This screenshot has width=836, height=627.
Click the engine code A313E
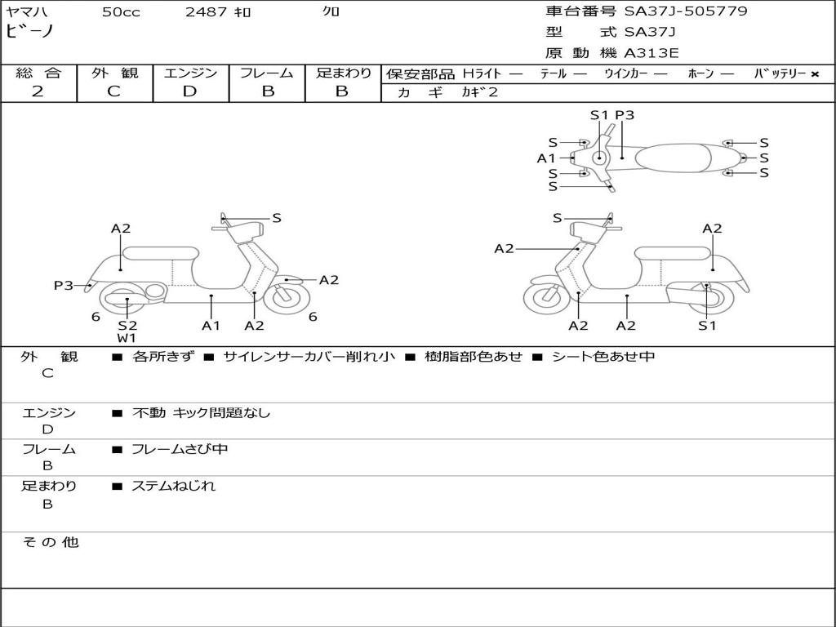click(x=651, y=54)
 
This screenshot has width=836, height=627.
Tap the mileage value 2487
click(x=207, y=12)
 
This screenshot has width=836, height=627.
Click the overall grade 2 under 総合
click(x=38, y=91)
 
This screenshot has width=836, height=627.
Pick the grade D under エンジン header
click(x=189, y=91)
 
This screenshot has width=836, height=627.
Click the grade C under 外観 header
click(x=114, y=91)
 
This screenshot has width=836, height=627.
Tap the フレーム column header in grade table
click(x=266, y=73)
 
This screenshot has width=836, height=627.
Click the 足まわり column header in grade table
click(x=343, y=73)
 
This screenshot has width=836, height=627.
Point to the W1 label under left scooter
click(x=127, y=338)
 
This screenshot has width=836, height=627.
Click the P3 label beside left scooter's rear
click(x=64, y=285)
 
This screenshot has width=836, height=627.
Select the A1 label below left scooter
click(x=211, y=326)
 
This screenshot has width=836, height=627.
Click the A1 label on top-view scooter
click(x=546, y=158)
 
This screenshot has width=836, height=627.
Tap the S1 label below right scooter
click(x=707, y=326)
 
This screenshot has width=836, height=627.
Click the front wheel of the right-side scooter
click(x=546, y=299)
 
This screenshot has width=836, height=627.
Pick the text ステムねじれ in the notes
click(x=173, y=486)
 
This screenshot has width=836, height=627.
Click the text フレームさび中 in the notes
click(x=180, y=449)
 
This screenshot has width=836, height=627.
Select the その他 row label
click(x=50, y=542)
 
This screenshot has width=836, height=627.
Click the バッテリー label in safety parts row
click(x=780, y=73)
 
